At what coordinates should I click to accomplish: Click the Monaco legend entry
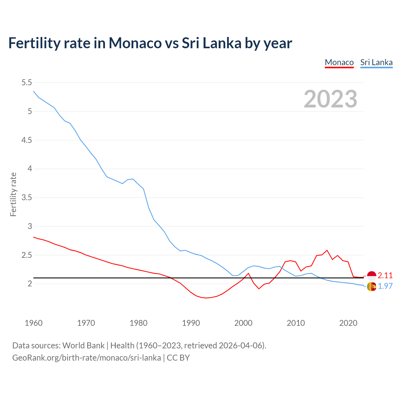tap(339, 62)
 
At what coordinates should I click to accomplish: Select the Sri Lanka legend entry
tap(376, 62)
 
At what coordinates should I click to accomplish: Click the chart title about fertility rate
tap(150, 43)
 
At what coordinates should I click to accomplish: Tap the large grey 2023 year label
tap(331, 99)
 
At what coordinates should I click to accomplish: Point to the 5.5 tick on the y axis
tap(27, 83)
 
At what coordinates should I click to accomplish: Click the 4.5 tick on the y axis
tap(27, 140)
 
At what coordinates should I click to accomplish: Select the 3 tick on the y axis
tap(30, 226)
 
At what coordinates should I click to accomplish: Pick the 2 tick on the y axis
tap(30, 284)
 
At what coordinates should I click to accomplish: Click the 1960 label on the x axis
tap(34, 323)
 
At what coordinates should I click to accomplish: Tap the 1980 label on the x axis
tap(138, 323)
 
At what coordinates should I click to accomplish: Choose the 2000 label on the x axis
tap(243, 323)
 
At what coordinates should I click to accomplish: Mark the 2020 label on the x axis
tap(348, 323)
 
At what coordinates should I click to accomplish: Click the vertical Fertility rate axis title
tap(13, 194)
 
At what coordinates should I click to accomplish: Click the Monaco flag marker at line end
tap(372, 276)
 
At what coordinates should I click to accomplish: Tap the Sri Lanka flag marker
tap(372, 286)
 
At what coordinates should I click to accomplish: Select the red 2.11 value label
tap(385, 276)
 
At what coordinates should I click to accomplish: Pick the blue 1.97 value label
tap(385, 286)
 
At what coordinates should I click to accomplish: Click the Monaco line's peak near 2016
tap(327, 250)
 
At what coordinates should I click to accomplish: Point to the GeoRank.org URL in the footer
tap(86, 358)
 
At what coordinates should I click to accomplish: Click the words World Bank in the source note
tap(83, 346)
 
